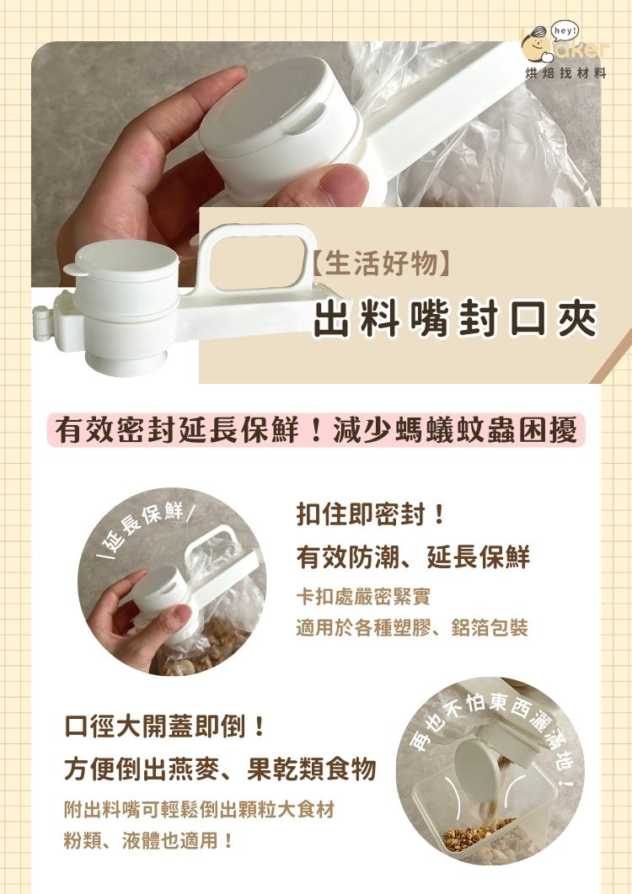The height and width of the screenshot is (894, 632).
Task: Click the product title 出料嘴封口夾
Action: [x=455, y=318]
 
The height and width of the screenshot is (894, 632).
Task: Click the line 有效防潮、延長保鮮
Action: [x=413, y=556]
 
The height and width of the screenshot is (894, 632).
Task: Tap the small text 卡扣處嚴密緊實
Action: [x=363, y=598]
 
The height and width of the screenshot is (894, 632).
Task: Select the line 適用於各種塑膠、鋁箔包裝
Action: [x=411, y=628]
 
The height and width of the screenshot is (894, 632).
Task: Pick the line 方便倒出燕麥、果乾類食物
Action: [x=220, y=769]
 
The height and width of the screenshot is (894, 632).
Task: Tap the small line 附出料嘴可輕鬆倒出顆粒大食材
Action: [x=200, y=810]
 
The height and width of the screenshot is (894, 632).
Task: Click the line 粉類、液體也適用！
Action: [x=149, y=840]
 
